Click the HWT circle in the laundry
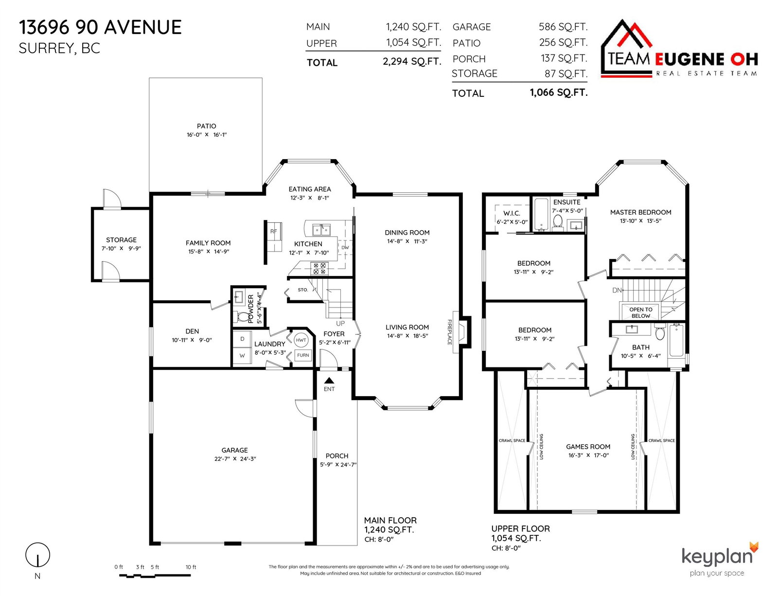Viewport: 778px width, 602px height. [x=301, y=340]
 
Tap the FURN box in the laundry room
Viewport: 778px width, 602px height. [x=303, y=355]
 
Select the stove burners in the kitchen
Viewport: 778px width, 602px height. [x=319, y=268]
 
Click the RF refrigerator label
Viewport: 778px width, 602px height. [x=274, y=231]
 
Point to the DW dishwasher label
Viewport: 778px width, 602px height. [x=345, y=247]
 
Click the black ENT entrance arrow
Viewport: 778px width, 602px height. [x=329, y=381]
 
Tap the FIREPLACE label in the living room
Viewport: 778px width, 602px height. [x=450, y=332]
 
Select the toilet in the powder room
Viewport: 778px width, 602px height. [x=243, y=317]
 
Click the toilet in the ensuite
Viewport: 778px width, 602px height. [x=558, y=222]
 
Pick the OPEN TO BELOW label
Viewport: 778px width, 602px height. [x=640, y=312]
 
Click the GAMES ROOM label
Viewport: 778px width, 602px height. [x=588, y=446]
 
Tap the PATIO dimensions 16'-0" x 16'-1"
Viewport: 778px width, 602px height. [x=207, y=135]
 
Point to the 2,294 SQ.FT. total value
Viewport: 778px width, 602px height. [x=412, y=62]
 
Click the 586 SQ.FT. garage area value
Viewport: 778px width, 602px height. [x=563, y=27]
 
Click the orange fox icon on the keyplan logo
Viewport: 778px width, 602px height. [x=754, y=547]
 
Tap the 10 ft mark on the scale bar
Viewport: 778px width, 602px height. [x=191, y=567]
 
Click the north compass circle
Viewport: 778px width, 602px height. [x=37, y=555]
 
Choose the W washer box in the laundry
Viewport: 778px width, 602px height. [x=242, y=355]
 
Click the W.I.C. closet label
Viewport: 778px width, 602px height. [x=512, y=213]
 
